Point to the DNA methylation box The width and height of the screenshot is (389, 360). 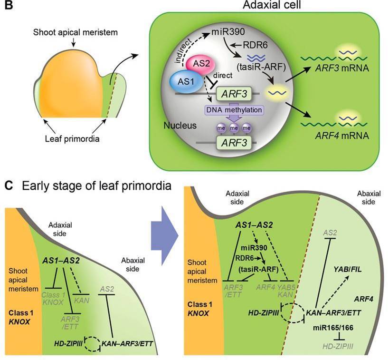231,110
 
